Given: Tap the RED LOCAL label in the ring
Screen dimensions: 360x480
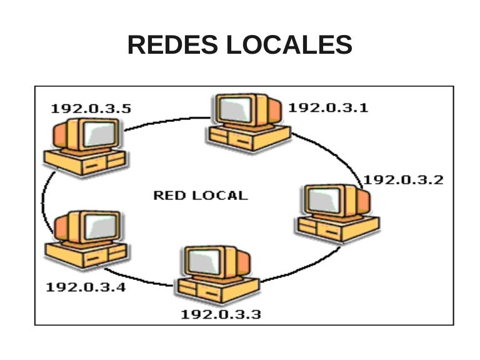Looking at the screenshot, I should pos(201,195).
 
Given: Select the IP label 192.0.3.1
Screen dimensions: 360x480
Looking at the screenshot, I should pos(328,107).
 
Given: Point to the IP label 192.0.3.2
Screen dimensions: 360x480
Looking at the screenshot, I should pos(404,180).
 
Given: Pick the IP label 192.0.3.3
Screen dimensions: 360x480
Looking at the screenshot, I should pos(221,314).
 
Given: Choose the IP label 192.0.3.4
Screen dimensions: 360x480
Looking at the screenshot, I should pos(86,287).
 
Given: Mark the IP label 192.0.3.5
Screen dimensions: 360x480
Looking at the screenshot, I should pos(91,108).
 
